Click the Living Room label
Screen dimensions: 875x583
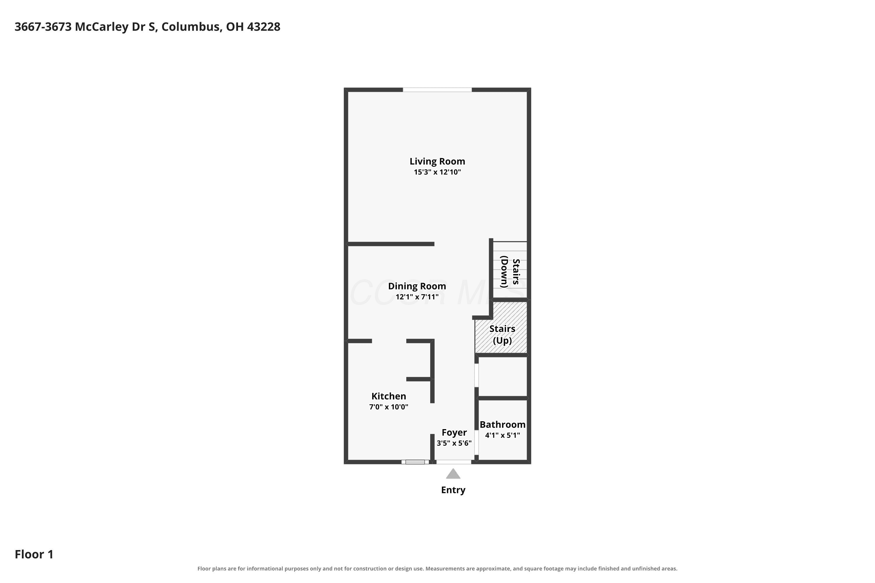click(437, 161)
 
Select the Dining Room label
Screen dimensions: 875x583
click(417, 286)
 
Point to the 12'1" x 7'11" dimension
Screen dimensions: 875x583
click(417, 297)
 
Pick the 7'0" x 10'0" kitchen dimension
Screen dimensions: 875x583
click(388, 407)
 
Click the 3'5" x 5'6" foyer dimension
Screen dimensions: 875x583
click(454, 443)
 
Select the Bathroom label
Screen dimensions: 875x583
click(502, 425)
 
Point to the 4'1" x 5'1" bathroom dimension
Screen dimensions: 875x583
click(502, 435)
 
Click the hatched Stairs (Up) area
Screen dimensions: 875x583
click(501, 327)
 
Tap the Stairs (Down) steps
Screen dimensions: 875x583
click(510, 270)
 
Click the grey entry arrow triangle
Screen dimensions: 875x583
click(453, 474)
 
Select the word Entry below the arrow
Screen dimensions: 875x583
click(453, 490)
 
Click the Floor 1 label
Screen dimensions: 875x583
click(34, 554)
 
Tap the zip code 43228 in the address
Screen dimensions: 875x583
click(263, 27)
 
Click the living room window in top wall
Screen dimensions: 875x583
click(437, 89)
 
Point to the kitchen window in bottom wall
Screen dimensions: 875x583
click(415, 462)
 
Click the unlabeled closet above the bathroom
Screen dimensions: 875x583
click(503, 377)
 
